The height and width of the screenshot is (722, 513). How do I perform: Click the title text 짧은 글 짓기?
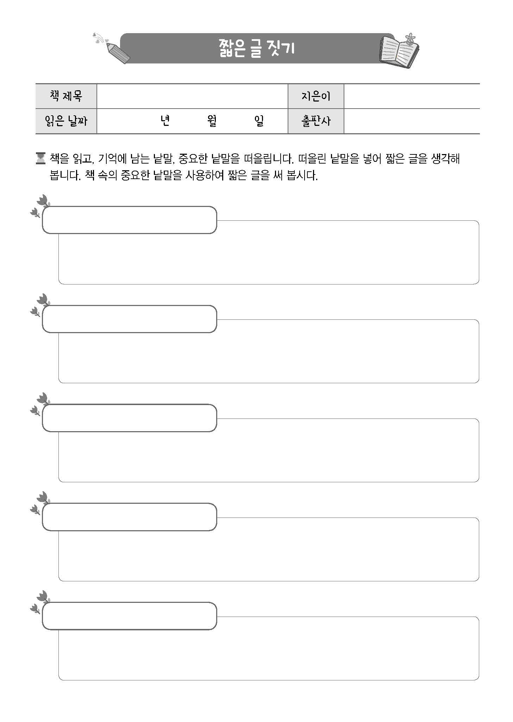(256, 49)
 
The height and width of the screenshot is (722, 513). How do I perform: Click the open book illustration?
(399, 51)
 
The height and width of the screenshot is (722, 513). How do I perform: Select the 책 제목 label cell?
(66, 96)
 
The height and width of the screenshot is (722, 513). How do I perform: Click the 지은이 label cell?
(316, 96)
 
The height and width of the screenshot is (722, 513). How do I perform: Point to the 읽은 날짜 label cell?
(66, 121)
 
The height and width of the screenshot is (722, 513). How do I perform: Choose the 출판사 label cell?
(316, 121)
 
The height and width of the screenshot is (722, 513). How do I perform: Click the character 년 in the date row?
(165, 121)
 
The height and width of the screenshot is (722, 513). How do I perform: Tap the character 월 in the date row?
(212, 121)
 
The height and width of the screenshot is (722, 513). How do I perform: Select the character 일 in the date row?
(259, 121)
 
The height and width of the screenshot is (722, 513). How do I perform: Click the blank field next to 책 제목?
(192, 96)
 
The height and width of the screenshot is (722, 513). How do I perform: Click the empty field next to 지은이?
(412, 96)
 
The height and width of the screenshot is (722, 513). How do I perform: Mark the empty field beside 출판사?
(412, 121)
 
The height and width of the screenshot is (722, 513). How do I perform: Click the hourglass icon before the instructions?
(41, 158)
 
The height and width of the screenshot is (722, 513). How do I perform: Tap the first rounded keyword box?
(129, 220)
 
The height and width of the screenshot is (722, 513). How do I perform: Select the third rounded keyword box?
(129, 418)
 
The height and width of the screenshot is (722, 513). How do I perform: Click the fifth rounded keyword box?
(129, 616)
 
